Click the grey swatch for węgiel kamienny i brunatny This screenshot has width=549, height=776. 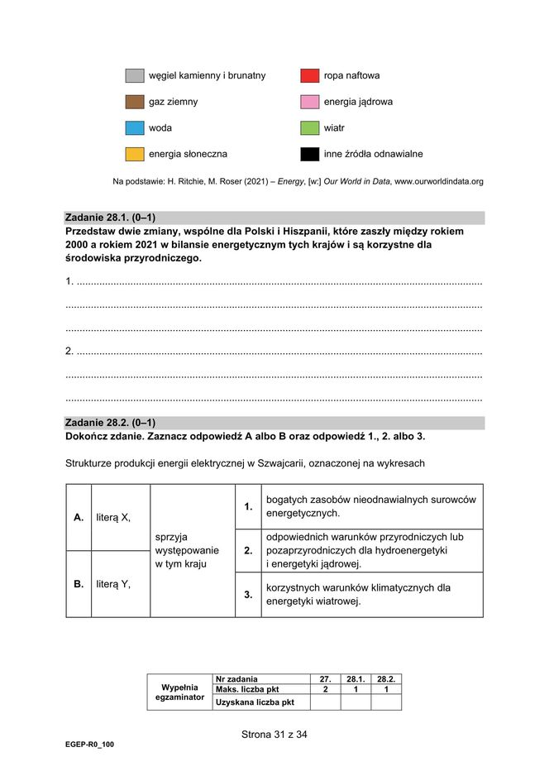pyautogui.click(x=135, y=76)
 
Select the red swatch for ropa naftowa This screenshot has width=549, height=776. pyautogui.click(x=310, y=76)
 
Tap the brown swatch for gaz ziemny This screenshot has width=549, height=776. pyautogui.click(x=135, y=103)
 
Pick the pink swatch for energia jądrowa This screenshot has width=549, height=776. pyautogui.click(x=310, y=103)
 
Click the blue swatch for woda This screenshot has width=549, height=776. pyautogui.click(x=135, y=128)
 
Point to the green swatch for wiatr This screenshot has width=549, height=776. pyautogui.click(x=310, y=128)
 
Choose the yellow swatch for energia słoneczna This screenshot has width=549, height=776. pyautogui.click(x=135, y=154)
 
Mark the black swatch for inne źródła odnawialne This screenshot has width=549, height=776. pyautogui.click(x=310, y=154)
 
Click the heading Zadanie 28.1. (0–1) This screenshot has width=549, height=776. pyautogui.click(x=110, y=218)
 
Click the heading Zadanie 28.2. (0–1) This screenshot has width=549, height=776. pyautogui.click(x=110, y=423)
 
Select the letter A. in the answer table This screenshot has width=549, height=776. pyautogui.click(x=79, y=518)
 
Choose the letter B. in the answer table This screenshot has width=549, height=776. pyautogui.click(x=79, y=584)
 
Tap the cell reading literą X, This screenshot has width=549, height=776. pyautogui.click(x=113, y=518)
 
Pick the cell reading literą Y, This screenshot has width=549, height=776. pyautogui.click(x=113, y=584)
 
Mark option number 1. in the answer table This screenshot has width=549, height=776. pyautogui.click(x=248, y=506)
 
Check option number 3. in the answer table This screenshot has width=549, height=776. pyautogui.click(x=248, y=595)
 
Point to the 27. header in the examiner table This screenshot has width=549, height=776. pyautogui.click(x=325, y=679)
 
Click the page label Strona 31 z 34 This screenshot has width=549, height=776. pyautogui.click(x=274, y=734)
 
